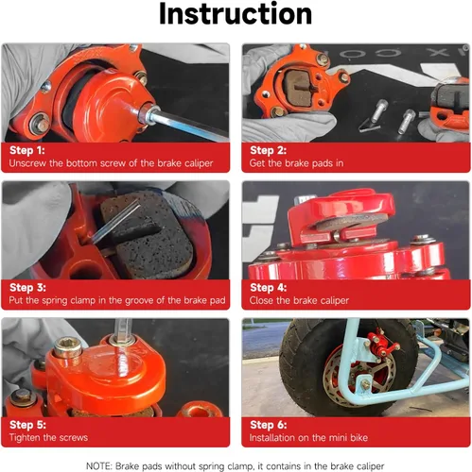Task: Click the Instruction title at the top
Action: pos(236,14)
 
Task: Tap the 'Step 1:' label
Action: pos(27,150)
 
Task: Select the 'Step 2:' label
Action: pos(268,150)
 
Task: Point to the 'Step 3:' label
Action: pos(27,287)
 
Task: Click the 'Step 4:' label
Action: pos(269,287)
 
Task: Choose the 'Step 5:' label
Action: pos(27,425)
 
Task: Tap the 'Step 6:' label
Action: pos(269,425)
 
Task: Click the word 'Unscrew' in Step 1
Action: pos(27,163)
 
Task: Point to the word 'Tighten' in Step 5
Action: pos(25,437)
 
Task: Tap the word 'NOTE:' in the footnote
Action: pos(99,466)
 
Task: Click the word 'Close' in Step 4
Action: pos(261,300)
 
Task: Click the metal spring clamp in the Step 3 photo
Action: pos(116,221)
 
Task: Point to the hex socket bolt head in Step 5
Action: pos(67,346)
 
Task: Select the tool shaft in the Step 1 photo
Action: pos(189,125)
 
